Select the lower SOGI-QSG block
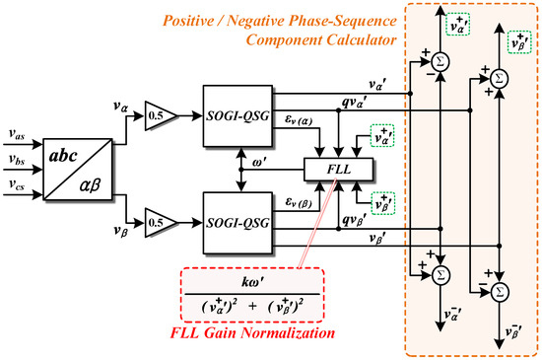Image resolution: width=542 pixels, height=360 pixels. pos(238,220)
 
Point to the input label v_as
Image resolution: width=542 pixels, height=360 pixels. pos(18,138)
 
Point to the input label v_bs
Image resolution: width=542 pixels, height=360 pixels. pos(18,160)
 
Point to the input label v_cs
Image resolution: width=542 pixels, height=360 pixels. pos(18,185)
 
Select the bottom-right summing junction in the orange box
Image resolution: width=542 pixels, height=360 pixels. pos(501,291)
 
